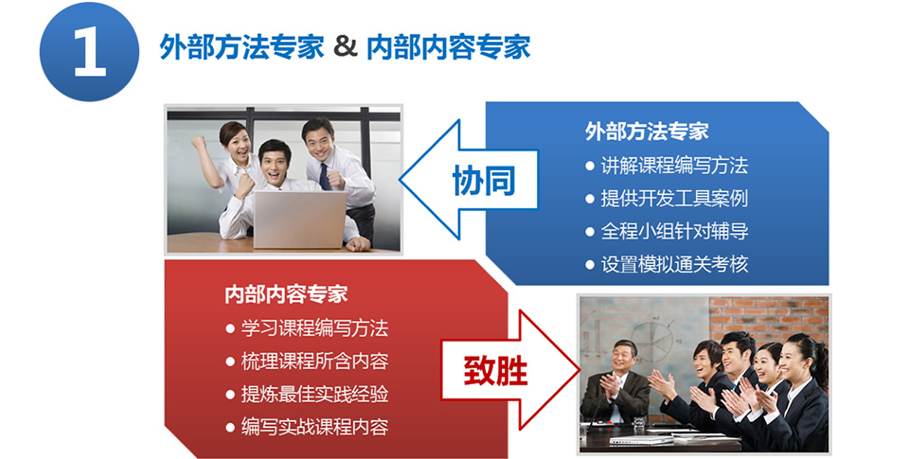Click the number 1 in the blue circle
90,52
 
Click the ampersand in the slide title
345,46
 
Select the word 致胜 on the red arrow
495,370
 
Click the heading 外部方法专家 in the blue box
647,132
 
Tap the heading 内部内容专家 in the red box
286,294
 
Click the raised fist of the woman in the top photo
199,143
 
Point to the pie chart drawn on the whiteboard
652,340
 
